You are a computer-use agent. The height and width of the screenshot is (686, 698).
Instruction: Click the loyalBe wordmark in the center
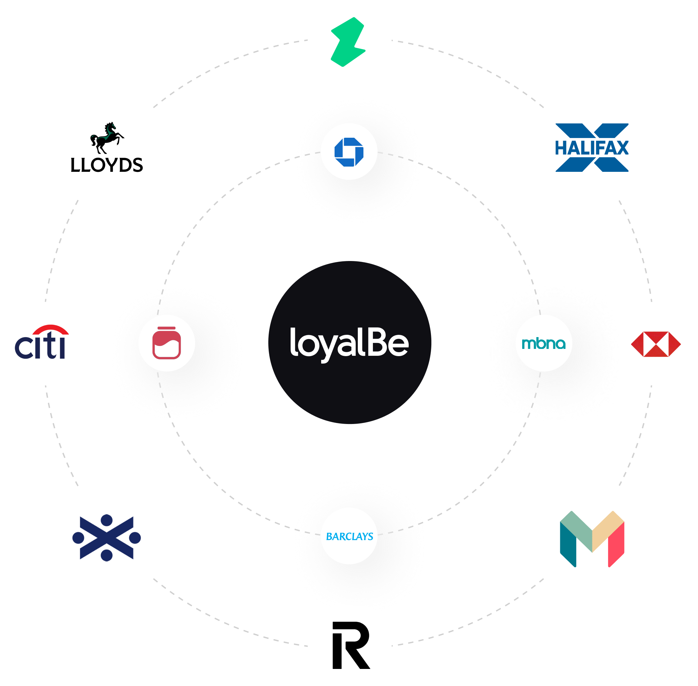(x=349, y=343)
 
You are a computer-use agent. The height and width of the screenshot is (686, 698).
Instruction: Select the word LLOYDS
(x=107, y=165)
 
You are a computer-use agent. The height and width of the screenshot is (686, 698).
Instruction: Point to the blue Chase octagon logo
(x=349, y=152)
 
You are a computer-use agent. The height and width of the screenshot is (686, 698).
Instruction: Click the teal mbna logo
(x=544, y=344)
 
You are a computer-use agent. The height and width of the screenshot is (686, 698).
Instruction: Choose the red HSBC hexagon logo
(x=655, y=344)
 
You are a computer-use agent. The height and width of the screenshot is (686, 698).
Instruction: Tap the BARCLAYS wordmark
(x=349, y=536)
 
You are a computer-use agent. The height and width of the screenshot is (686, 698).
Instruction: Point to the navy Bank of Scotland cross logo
(x=107, y=537)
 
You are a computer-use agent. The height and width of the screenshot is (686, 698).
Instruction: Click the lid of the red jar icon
(x=167, y=329)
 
